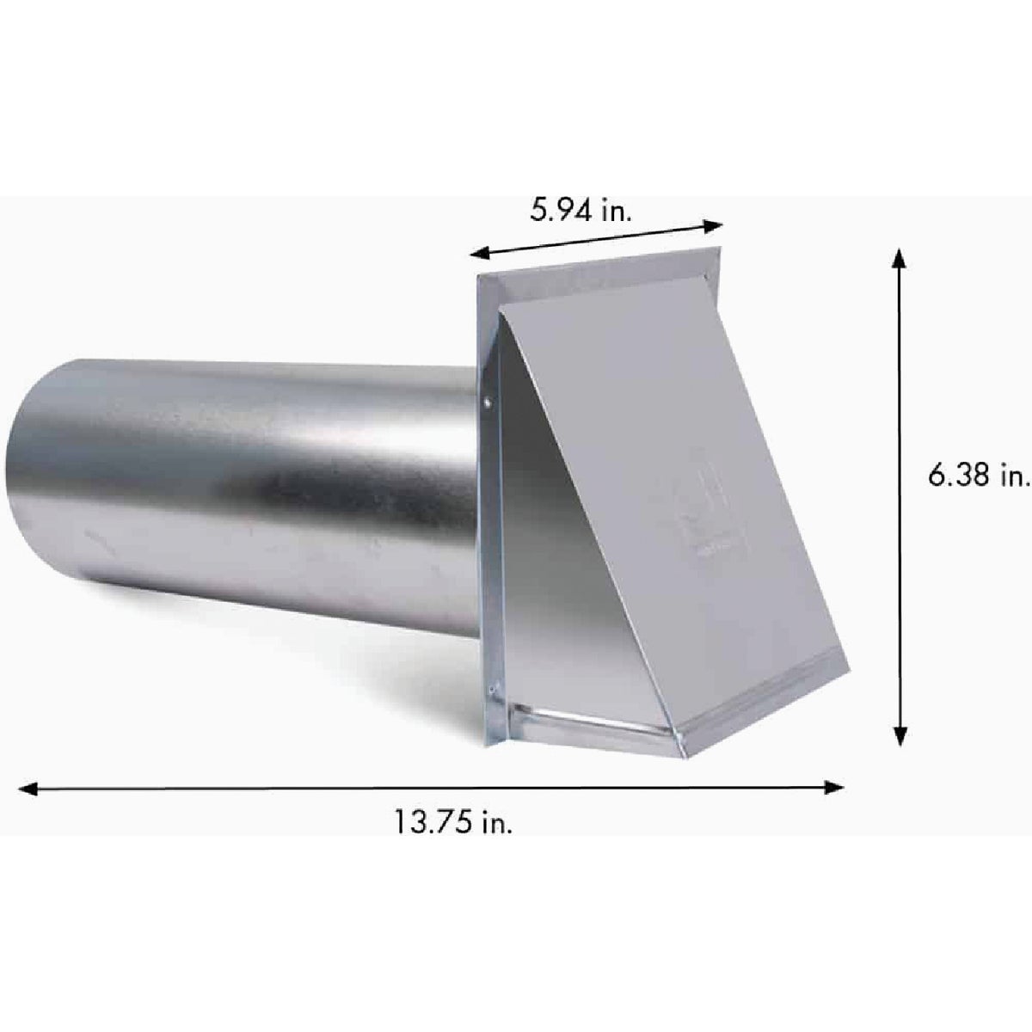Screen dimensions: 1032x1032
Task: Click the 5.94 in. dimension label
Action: click(x=580, y=209)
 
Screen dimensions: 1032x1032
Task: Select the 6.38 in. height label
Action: click(x=978, y=478)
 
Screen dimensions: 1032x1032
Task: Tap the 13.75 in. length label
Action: click(x=453, y=823)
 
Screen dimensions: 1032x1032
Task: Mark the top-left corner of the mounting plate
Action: click(x=477, y=277)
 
